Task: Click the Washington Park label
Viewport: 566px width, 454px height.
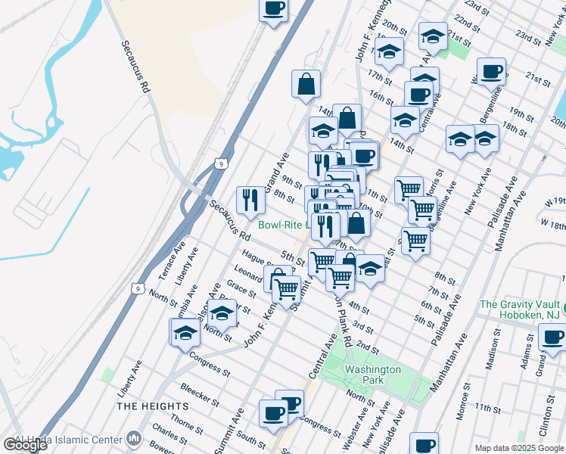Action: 372,375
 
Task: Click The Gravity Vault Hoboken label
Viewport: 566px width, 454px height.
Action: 522,311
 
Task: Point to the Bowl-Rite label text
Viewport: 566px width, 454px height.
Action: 282,225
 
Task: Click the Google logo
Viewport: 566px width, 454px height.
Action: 26,445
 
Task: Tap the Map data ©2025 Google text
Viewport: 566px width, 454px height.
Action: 520,448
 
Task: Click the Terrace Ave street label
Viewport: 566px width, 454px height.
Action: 174,260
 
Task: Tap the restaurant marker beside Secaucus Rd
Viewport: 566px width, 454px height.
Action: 250,200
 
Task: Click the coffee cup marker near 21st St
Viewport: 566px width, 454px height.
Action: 491,71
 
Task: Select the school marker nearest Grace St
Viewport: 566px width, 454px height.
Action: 222,313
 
